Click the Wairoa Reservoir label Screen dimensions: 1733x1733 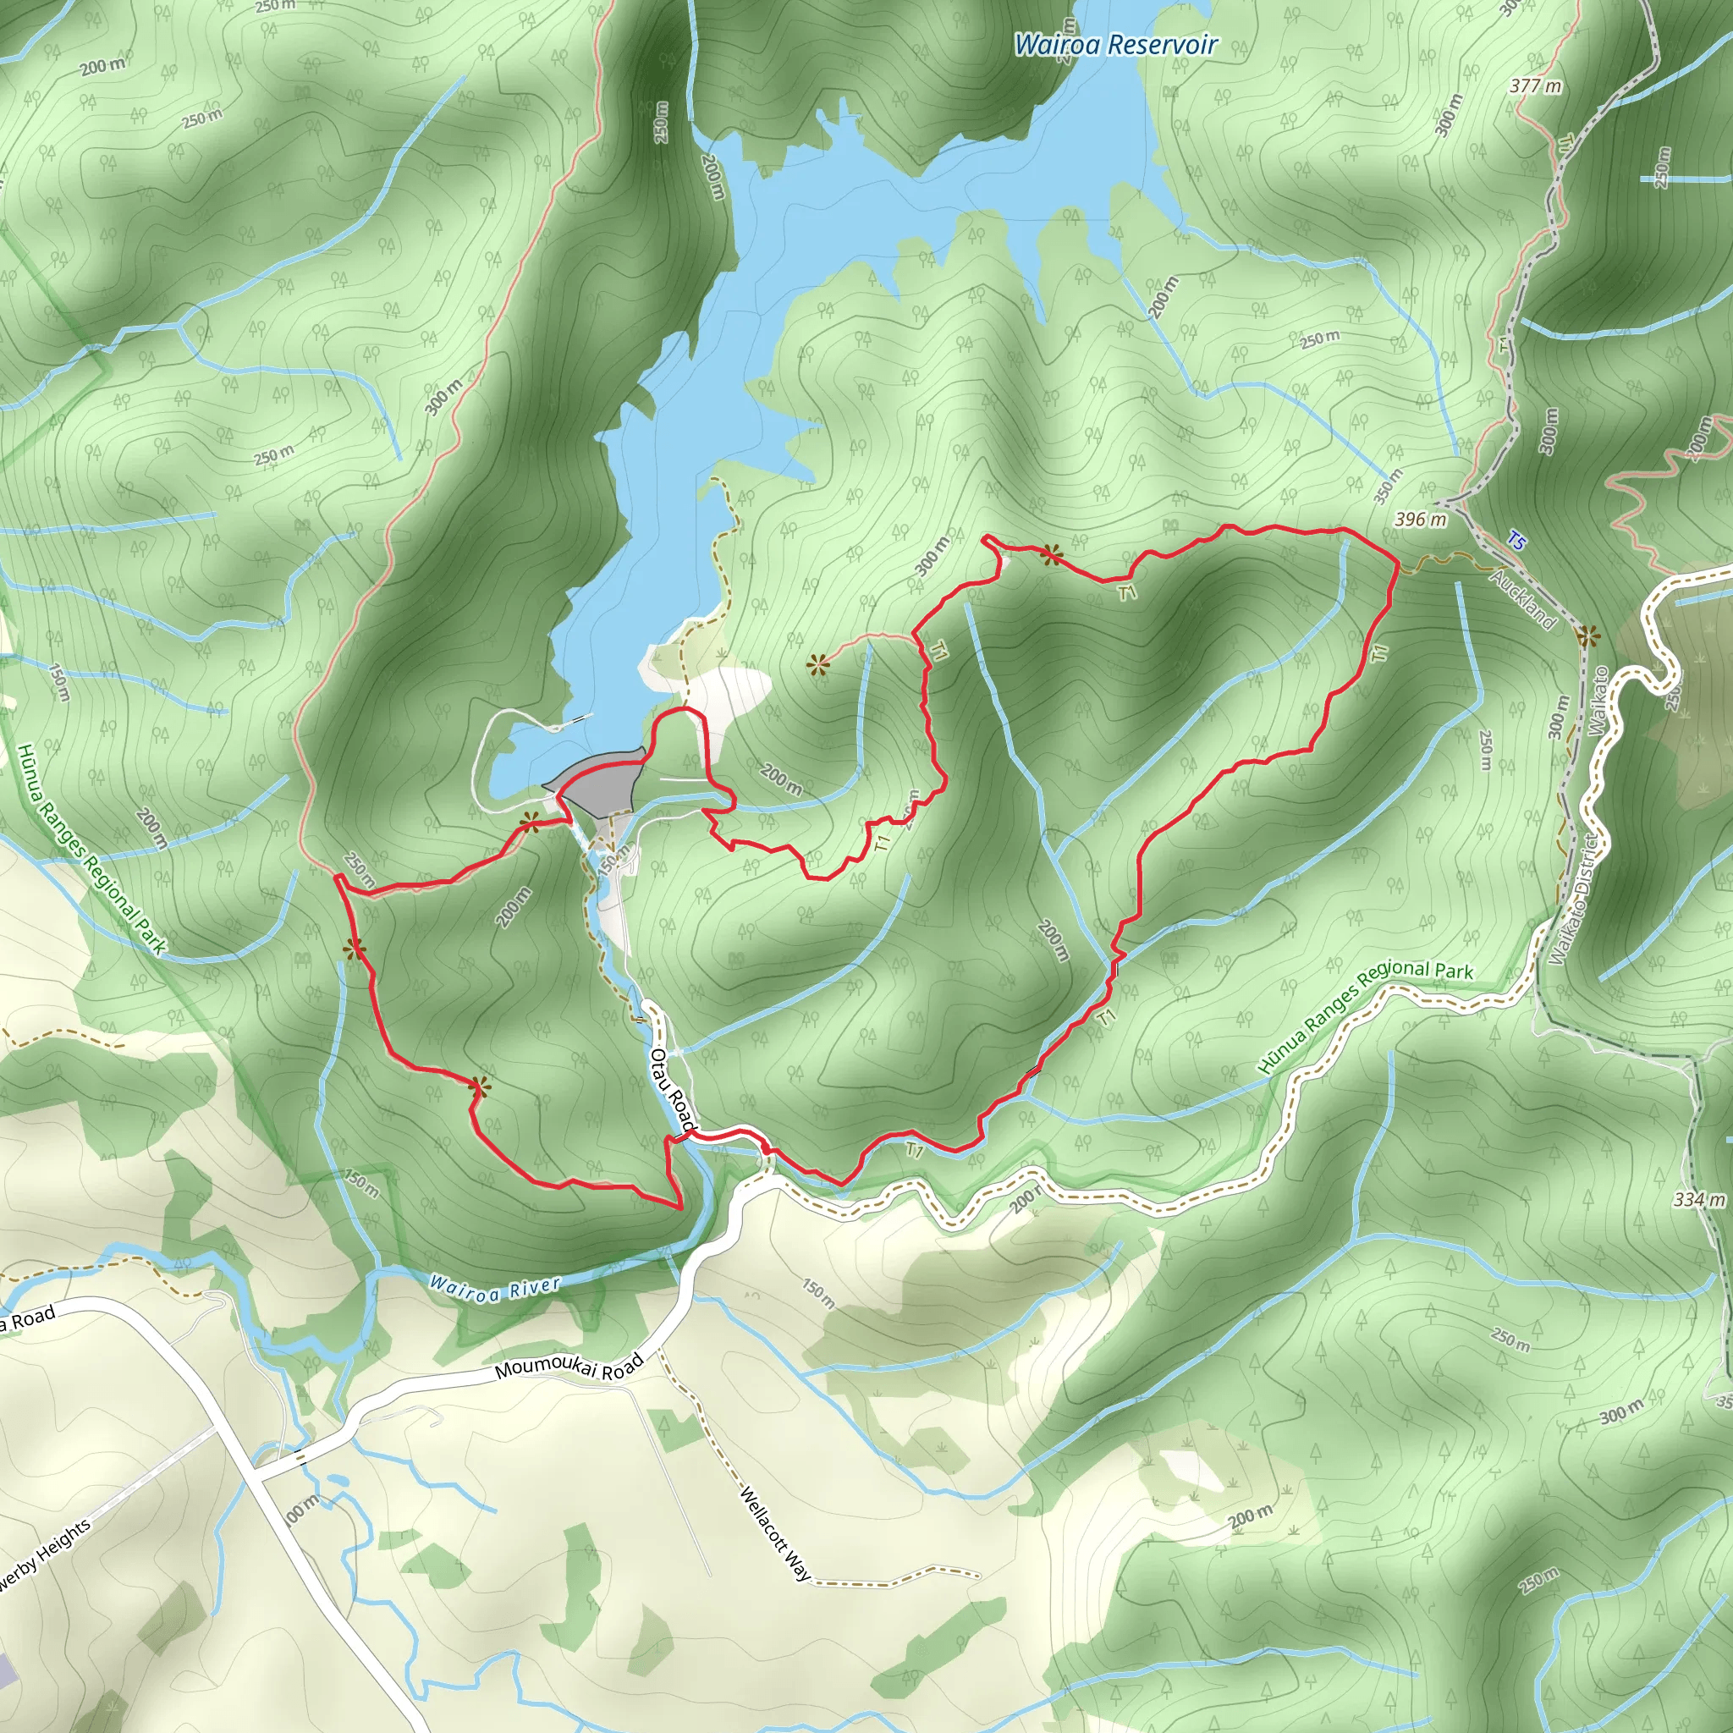click(1115, 44)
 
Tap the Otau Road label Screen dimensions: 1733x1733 click(673, 1089)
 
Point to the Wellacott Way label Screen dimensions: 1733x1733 click(775, 1534)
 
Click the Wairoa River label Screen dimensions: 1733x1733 click(494, 1289)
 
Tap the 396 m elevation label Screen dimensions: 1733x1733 click(1420, 520)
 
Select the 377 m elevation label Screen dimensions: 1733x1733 click(1535, 86)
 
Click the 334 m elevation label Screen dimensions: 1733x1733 click(1698, 1199)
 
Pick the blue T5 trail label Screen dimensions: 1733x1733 click(1515, 541)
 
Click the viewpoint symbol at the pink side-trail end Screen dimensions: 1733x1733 click(817, 664)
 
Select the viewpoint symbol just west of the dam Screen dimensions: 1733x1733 click(530, 819)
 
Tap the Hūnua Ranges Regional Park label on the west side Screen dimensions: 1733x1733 click(90, 848)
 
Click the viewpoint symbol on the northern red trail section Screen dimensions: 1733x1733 click(1050, 555)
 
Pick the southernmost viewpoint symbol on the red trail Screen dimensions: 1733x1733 click(480, 1088)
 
